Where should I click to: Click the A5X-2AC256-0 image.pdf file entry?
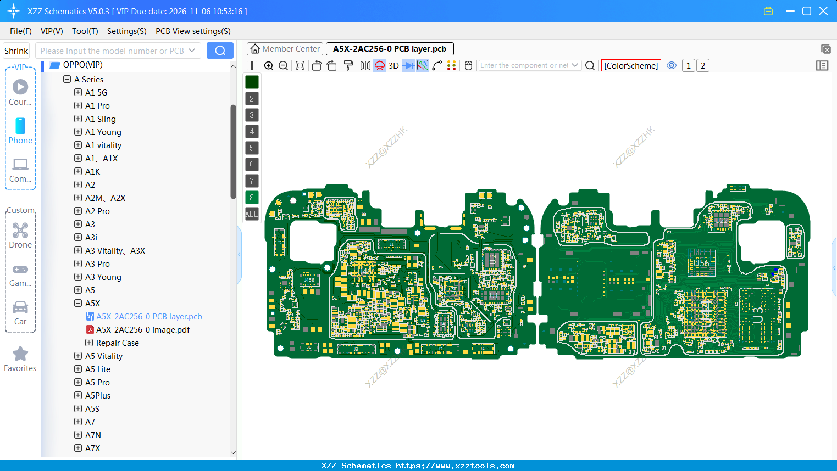pyautogui.click(x=142, y=330)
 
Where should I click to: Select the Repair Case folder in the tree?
pyautogui.click(x=117, y=343)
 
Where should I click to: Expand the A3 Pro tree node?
pyautogui.click(x=78, y=264)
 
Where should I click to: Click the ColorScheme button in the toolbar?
pyautogui.click(x=631, y=66)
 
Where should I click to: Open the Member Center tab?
pyautogui.click(x=285, y=49)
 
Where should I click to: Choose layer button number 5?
pyautogui.click(x=252, y=148)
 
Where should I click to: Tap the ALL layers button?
pyautogui.click(x=252, y=214)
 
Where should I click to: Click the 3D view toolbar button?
pyautogui.click(x=393, y=66)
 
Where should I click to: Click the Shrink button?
pyautogui.click(x=16, y=51)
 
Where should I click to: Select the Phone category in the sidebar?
pyautogui.click(x=20, y=131)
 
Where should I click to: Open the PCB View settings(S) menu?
pyautogui.click(x=193, y=31)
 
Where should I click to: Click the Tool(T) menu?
pyautogui.click(x=85, y=31)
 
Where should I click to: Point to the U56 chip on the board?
pyautogui.click(x=701, y=263)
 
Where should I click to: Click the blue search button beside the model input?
pyautogui.click(x=220, y=51)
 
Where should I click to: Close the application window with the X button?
pyautogui.click(x=823, y=11)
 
